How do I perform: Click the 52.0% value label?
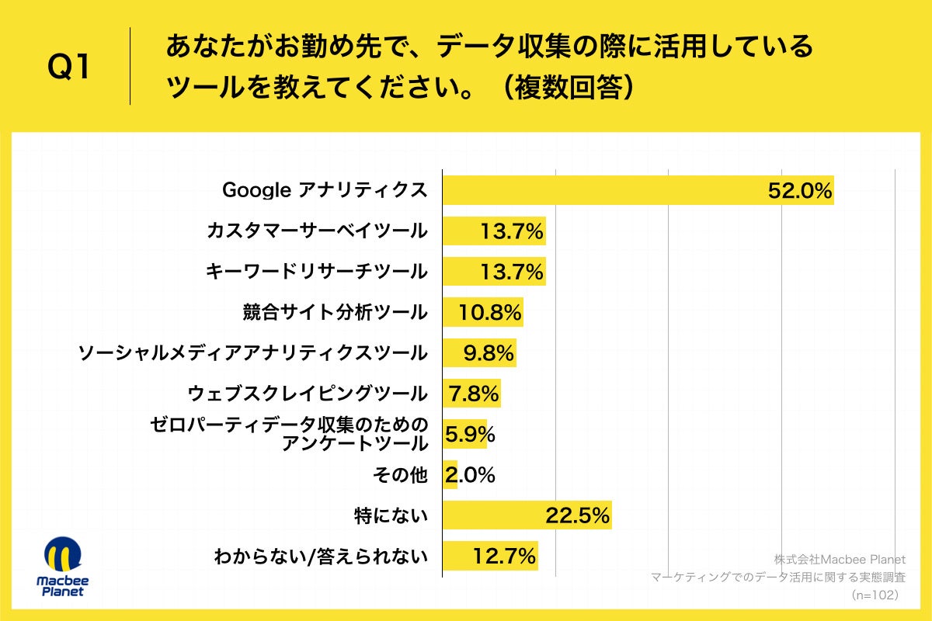[800, 190]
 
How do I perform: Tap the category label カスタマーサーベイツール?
[317, 231]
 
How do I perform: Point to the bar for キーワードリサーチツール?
[493, 272]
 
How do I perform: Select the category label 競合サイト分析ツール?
[335, 312]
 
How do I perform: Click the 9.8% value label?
[489, 353]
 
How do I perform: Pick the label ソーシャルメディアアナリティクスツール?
[252, 353]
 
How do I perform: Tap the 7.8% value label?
[472, 394]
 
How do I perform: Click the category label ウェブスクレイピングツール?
[308, 394]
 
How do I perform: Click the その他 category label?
[408, 475]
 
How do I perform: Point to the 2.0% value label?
[470, 475]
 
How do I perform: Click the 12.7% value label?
[504, 556]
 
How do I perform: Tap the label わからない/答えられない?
[321, 556]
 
